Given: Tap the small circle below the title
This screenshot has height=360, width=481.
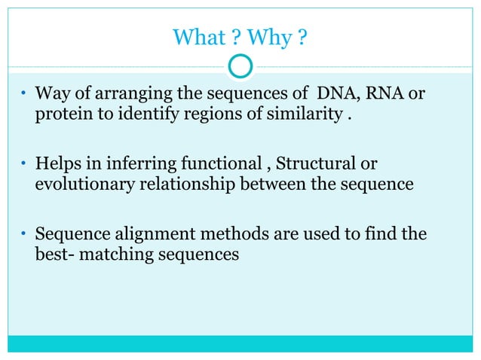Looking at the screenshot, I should coord(240,66).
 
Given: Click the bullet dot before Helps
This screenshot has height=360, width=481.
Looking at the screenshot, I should coord(24,165).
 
